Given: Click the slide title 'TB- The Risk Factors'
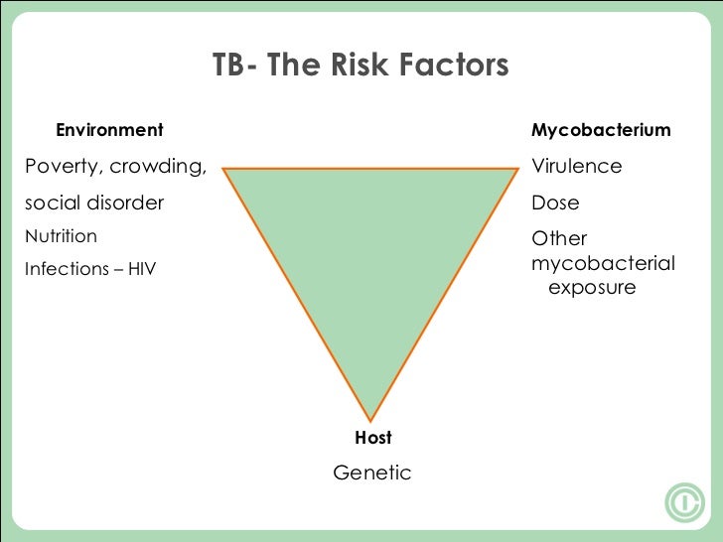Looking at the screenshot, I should coord(361,66).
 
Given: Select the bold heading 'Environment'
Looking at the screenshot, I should coord(109,130).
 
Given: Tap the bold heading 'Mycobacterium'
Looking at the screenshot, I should coord(601,130).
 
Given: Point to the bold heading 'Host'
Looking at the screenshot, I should coord(373,438).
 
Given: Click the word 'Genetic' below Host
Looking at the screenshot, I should coord(371,473).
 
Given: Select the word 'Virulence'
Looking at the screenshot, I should coord(577,166).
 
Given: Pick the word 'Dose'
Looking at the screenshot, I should coord(555,203).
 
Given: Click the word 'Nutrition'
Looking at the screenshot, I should coord(61,236).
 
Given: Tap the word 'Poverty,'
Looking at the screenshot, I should coord(63,166).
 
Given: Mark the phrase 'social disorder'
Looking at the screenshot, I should coord(94,203).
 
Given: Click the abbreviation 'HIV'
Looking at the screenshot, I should coord(140,269).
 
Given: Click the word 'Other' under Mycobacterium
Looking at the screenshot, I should coord(559,238).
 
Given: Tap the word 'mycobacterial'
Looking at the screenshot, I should coord(603,264).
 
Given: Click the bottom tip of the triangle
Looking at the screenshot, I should coord(370,420).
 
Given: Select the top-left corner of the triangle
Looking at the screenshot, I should coord(223,169).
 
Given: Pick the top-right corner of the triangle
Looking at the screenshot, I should coord(518,169).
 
